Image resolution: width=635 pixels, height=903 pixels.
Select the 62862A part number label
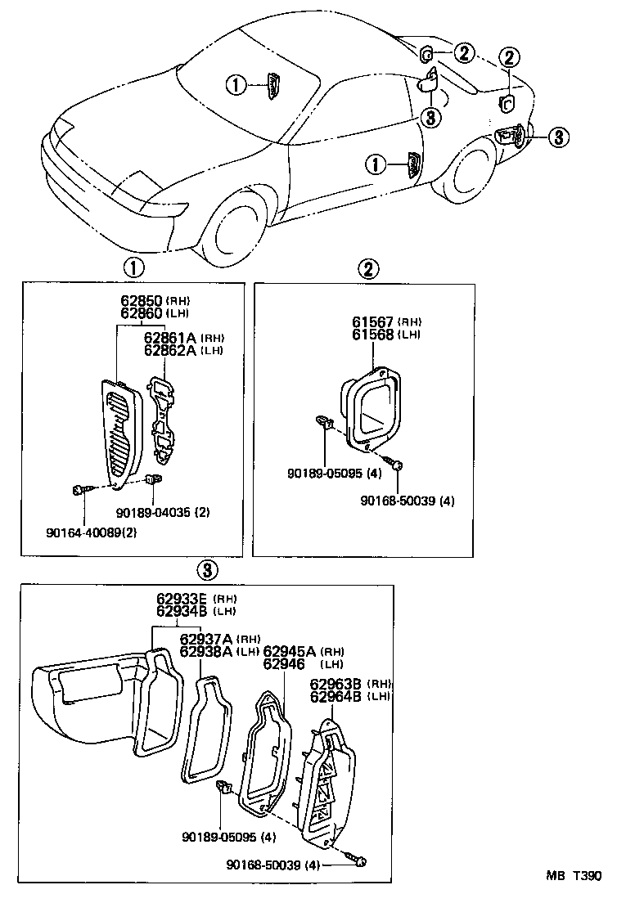[x=170, y=350]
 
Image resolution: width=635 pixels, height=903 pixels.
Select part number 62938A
[x=205, y=651]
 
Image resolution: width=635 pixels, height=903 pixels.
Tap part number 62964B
[x=335, y=696]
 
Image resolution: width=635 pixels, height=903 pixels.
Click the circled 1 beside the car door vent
[x=375, y=166]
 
